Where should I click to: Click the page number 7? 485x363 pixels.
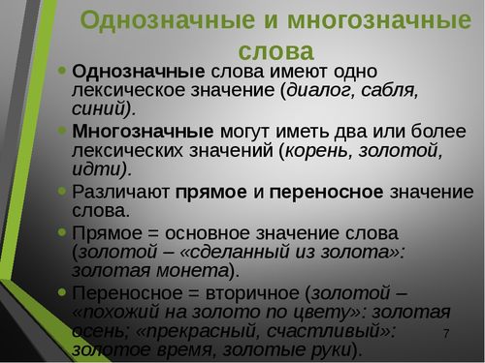[x=446, y=333]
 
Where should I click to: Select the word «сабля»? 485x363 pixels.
[x=385, y=92]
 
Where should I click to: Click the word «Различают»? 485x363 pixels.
[x=120, y=192]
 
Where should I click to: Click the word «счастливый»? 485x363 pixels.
[x=335, y=331]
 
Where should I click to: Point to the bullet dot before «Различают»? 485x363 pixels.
[x=62, y=191]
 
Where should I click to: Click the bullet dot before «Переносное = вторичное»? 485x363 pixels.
[x=62, y=291]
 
